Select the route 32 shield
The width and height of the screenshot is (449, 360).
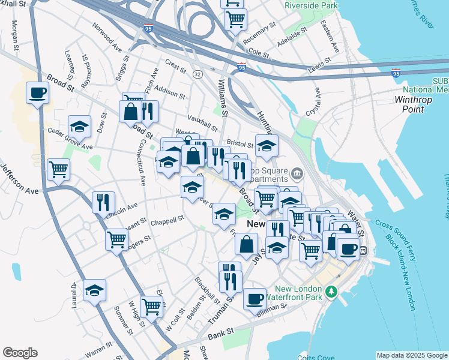pyautogui.click(x=197, y=73)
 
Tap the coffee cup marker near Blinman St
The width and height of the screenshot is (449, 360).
pyautogui.click(x=255, y=298)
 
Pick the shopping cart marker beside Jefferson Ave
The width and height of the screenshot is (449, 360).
pyautogui.click(x=58, y=170)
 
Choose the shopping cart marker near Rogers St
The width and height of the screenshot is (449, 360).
pyautogui.click(x=117, y=239)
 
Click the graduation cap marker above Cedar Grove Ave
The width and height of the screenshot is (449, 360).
pyautogui.click(x=79, y=127)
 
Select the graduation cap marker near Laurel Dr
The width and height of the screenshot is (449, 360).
pyautogui.click(x=94, y=290)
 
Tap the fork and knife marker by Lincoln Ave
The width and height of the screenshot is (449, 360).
pyautogui.click(x=104, y=202)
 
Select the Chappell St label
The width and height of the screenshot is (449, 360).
pyautogui.click(x=168, y=220)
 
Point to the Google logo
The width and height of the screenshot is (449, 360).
pyautogui.click(x=20, y=353)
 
